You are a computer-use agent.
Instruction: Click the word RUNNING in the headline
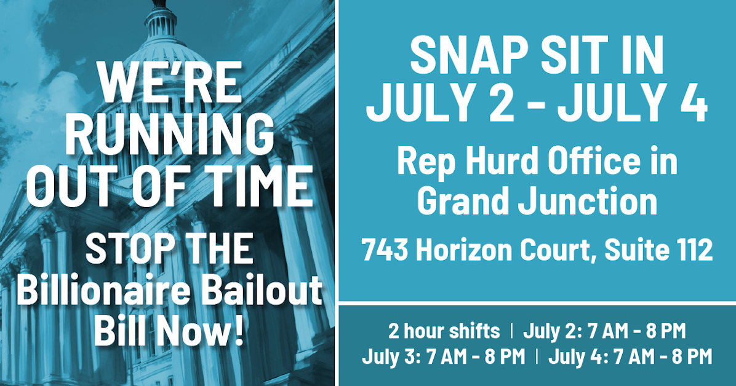[x=169, y=135]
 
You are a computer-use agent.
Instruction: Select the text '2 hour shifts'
[x=444, y=331]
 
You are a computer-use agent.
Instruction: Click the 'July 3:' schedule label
[x=389, y=356]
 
